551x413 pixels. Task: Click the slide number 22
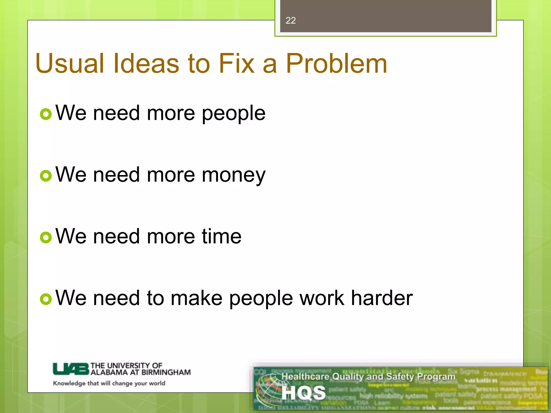pos(291,20)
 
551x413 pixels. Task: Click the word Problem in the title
pos(336,63)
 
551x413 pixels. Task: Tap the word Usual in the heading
pos(69,63)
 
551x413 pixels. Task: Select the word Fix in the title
pos(236,63)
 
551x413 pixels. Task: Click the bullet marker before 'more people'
pos(46,114)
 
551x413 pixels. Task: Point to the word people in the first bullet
pos(234,113)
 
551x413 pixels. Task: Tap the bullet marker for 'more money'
pos(46,176)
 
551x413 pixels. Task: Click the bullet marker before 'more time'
pos(46,237)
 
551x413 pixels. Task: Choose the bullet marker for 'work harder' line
pos(46,299)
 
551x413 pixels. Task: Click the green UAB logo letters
pos(70,369)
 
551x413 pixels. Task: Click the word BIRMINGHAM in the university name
pos(166,372)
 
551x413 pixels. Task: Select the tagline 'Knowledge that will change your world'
pos(109,383)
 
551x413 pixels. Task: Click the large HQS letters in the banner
pos(303,393)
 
